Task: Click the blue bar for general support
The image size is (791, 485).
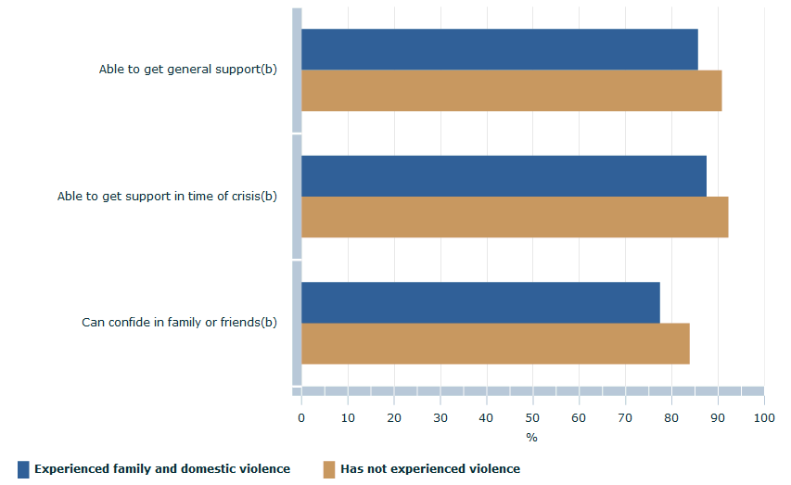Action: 499,49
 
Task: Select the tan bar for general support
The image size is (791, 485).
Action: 511,91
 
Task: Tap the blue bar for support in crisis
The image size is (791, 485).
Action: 504,175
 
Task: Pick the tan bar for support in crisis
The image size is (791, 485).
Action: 515,217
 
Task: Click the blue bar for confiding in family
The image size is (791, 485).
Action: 480,302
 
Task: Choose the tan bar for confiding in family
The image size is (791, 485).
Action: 495,344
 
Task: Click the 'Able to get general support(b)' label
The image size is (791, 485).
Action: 188,70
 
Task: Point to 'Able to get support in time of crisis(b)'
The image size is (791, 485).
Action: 167,196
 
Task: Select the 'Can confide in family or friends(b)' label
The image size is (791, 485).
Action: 179,323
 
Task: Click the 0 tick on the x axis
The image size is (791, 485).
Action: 301,418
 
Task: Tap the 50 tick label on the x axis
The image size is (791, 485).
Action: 532,418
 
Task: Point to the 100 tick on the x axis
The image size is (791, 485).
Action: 763,418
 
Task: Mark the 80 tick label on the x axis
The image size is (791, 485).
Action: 671,418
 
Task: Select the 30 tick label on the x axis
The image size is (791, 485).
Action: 440,418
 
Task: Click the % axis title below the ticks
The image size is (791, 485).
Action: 531,437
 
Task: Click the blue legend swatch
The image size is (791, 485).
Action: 23,469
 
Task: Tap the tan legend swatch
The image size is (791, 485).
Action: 329,469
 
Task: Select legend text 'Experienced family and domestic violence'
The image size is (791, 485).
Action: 162,469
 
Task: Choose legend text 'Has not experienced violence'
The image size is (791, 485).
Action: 430,469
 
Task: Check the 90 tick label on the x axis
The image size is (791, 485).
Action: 718,418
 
